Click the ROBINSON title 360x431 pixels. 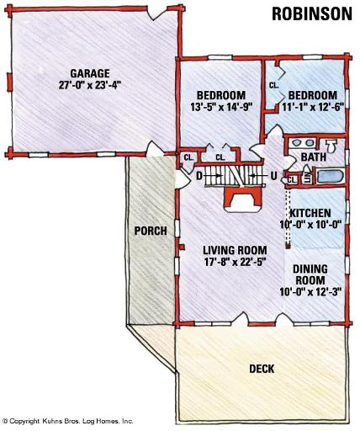point(312,13)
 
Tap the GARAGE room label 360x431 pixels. point(90,73)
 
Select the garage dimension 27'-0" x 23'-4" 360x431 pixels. point(90,85)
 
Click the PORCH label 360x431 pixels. point(151,231)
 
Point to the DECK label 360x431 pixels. point(262,369)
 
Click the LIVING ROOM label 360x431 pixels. point(235,250)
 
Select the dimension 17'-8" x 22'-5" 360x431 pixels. point(235,262)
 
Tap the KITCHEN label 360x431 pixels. point(310,213)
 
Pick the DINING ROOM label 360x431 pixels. point(310,274)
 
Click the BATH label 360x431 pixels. point(314,157)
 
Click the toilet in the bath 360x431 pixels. point(331,146)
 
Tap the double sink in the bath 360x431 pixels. point(302,143)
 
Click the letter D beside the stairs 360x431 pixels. point(199,176)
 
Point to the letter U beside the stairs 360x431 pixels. point(273,176)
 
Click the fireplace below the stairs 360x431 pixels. point(242,200)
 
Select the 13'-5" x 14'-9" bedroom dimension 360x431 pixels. point(222,107)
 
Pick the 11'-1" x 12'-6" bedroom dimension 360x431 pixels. point(313,107)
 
